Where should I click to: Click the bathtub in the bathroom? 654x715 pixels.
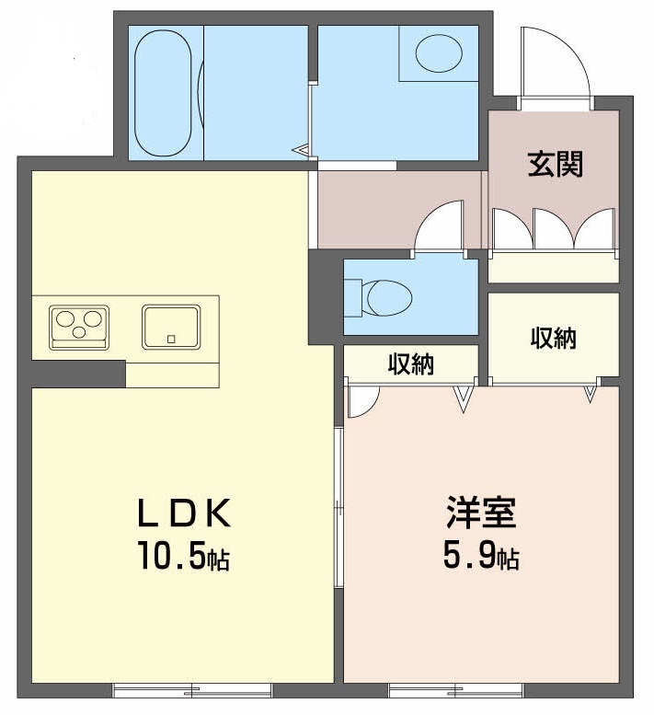(x=164, y=92)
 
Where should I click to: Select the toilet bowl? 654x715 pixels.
(x=386, y=297)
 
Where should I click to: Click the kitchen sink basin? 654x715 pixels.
(x=171, y=327)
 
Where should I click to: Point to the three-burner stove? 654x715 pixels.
(x=78, y=327)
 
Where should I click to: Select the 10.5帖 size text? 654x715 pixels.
(x=183, y=556)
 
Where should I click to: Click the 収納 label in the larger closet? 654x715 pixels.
(x=553, y=338)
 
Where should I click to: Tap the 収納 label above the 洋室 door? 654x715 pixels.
(x=410, y=363)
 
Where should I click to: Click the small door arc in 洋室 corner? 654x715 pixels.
(x=362, y=401)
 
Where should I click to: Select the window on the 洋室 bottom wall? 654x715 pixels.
(x=456, y=688)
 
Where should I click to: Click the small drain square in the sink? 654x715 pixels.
(x=170, y=339)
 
